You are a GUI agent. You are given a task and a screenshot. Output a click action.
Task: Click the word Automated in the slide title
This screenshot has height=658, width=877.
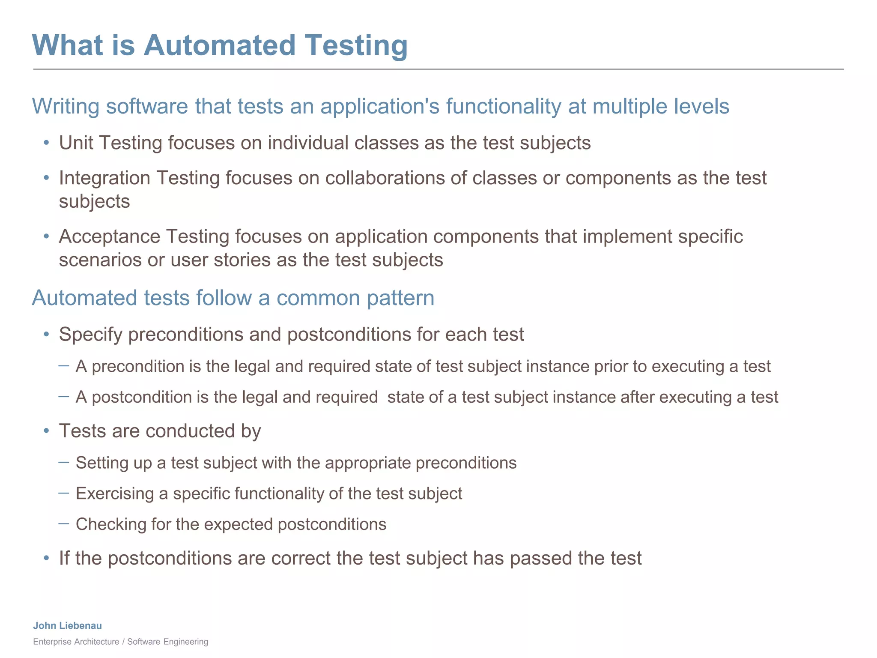(x=219, y=45)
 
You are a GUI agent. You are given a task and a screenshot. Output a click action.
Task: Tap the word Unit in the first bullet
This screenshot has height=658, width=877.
(x=76, y=143)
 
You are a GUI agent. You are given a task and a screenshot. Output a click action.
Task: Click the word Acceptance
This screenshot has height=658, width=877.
(x=109, y=236)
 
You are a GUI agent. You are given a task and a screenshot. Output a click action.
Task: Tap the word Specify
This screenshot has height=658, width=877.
(x=91, y=335)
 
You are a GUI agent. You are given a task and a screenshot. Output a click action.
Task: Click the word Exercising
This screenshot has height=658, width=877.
(x=114, y=494)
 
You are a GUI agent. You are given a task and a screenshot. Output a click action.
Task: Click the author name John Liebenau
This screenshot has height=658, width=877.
(x=68, y=625)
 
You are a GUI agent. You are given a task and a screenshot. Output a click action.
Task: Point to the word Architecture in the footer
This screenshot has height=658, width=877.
(x=97, y=641)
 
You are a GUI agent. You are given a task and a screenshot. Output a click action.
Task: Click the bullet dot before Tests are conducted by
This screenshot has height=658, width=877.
(x=46, y=431)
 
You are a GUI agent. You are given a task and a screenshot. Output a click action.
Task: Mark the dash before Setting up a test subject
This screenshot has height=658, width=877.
(x=64, y=462)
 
